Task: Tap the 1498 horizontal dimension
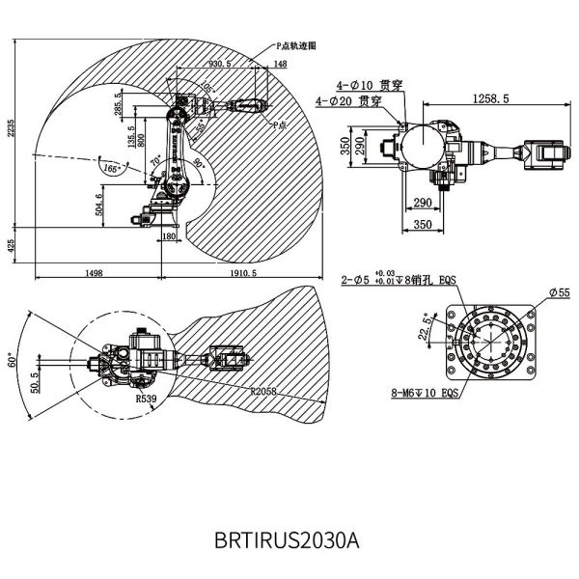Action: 94,274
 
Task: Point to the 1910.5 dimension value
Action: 242,274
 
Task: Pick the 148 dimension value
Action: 280,64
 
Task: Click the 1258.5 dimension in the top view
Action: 490,98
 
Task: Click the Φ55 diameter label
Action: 560,290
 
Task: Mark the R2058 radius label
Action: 263,392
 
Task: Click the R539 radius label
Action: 146,397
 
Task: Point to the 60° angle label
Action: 13,363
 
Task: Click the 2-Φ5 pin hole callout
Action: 398,280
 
